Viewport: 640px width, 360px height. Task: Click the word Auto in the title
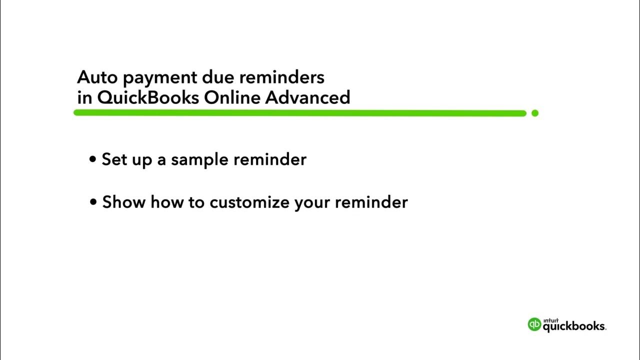[x=95, y=77]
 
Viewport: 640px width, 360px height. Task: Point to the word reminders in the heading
[x=281, y=77]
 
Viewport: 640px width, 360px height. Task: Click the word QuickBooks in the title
[x=148, y=97]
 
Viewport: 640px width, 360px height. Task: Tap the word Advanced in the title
[x=307, y=97]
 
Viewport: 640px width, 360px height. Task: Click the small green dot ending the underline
[x=535, y=113]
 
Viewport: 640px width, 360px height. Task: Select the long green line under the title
[x=300, y=113]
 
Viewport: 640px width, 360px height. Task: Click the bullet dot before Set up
[x=92, y=159]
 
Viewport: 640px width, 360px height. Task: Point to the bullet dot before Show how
[x=93, y=202]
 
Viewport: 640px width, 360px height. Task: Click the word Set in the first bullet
[x=114, y=159]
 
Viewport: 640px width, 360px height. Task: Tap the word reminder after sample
[x=270, y=159]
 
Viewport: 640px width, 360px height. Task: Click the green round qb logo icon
[x=534, y=324]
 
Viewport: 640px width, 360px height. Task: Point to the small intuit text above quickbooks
[x=550, y=319]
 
